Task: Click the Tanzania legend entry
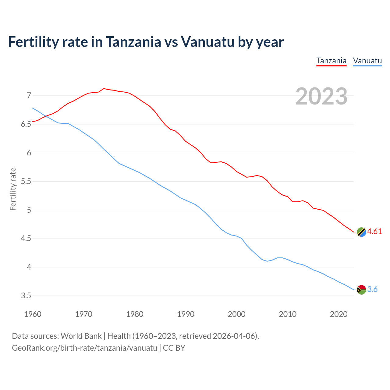331,61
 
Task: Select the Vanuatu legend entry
367,61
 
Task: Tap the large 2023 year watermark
321,96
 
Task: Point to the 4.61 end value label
374,232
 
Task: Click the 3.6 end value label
372,289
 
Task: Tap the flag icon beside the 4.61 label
361,232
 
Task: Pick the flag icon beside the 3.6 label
361,289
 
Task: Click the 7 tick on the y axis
29,96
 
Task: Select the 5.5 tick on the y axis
26,182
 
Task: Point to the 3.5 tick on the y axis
26,296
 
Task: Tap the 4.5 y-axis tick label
26,239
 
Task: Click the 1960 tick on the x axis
33,314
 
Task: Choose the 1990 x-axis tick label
186,314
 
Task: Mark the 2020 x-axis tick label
339,314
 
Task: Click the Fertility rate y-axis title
13,189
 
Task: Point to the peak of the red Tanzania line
104,89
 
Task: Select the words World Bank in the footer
81,336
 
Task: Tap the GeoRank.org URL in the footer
84,348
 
